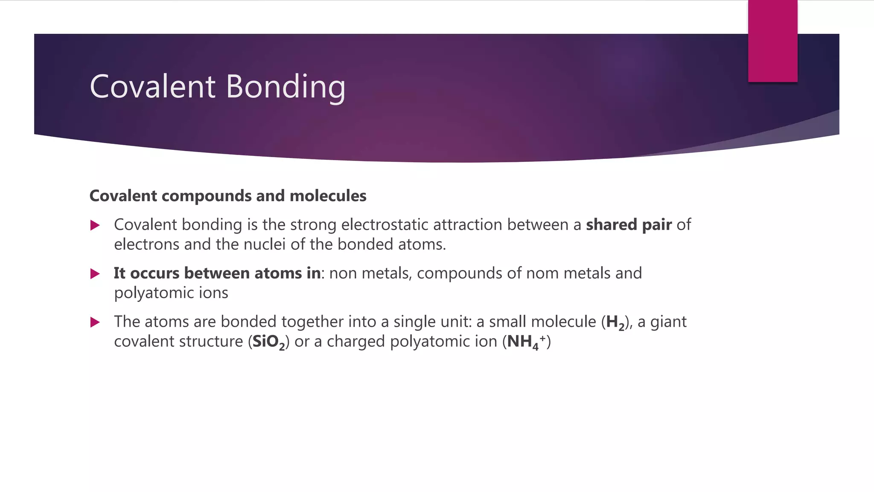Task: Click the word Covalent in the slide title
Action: coord(153,87)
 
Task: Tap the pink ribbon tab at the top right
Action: coord(772,41)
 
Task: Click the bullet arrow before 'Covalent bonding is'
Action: coord(95,225)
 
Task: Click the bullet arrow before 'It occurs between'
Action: coord(95,274)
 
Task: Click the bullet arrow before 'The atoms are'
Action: coord(95,322)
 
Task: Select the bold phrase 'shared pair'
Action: coord(629,225)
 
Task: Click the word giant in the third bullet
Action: coord(668,322)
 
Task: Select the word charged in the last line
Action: coord(355,342)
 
